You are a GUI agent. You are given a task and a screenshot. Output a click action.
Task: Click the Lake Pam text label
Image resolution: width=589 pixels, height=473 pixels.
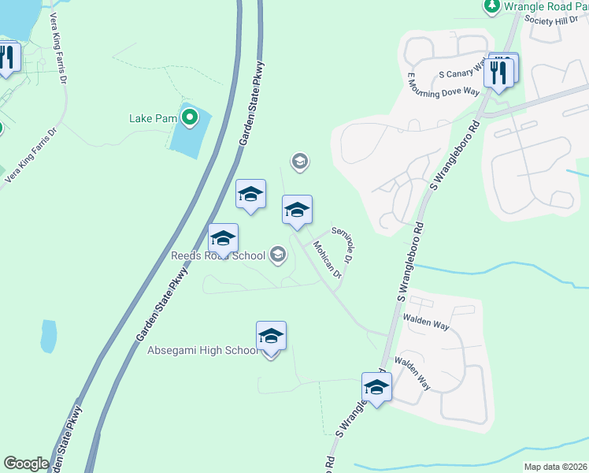coord(154,119)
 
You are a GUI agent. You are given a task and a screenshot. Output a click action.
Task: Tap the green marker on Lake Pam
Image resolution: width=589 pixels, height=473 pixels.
coord(189,118)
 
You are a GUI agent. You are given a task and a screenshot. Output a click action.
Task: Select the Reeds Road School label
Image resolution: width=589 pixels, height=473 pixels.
coord(218,255)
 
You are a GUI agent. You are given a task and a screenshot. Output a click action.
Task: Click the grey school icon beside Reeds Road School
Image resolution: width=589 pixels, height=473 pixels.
coord(277,254)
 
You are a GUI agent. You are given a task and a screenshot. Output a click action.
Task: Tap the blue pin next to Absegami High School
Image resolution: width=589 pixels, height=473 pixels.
coord(271,337)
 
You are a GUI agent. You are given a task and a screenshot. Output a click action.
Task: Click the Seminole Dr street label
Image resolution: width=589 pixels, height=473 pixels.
coord(344,244)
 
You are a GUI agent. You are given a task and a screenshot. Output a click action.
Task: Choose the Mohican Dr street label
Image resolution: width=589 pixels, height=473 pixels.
coord(327,259)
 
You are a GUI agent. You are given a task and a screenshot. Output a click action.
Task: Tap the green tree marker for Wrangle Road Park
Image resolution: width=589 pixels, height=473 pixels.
coord(491,6)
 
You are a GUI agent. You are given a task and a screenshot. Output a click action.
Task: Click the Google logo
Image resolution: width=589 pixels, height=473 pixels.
coord(26,464)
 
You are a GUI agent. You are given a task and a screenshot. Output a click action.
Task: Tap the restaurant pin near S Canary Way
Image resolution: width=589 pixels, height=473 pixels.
coord(500,72)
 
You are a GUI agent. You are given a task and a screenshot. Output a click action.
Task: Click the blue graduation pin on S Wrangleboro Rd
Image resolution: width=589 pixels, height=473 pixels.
coord(376,387)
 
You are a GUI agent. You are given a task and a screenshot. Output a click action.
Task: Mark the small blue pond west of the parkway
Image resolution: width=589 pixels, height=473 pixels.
coord(49,336)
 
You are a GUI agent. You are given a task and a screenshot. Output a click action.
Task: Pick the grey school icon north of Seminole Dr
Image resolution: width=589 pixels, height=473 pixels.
coord(299,162)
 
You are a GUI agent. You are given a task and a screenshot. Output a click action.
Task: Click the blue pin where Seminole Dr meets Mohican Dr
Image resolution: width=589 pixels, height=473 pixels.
coord(297,210)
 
